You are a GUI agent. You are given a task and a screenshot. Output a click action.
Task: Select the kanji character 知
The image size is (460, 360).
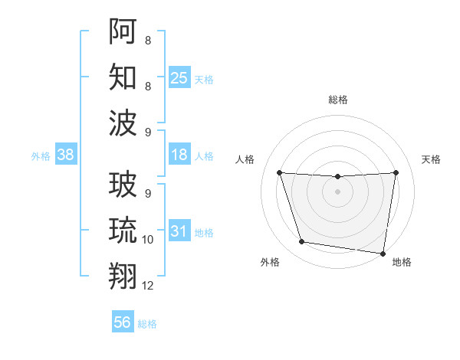click(x=123, y=77)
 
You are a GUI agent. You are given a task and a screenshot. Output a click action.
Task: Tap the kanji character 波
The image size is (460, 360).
click(x=123, y=123)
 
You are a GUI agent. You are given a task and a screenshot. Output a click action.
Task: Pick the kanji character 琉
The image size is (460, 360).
click(x=123, y=230)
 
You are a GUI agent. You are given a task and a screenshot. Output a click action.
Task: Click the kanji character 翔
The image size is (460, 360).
click(x=123, y=276)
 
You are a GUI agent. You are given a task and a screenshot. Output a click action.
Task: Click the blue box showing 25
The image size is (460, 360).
click(x=179, y=77)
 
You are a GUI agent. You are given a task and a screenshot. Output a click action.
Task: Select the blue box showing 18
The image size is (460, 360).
click(x=179, y=155)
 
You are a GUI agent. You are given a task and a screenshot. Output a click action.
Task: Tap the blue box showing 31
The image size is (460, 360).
click(x=179, y=231)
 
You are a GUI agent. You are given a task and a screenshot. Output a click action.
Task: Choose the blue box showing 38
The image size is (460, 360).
click(x=65, y=155)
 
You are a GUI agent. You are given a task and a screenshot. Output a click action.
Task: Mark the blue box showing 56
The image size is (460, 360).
click(x=123, y=322)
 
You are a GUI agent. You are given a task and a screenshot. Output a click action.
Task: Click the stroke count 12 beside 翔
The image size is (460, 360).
click(x=148, y=286)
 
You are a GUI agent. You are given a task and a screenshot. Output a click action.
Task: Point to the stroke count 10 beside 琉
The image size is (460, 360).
click(x=148, y=240)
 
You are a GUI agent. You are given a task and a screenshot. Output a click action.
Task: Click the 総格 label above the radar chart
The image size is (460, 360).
click(x=338, y=100)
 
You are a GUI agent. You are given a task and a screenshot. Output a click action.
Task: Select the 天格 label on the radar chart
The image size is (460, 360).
click(x=431, y=159)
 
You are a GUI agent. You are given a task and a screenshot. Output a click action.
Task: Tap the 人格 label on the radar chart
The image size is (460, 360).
click(x=245, y=159)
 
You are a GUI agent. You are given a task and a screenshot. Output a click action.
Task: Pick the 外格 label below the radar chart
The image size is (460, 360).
click(x=270, y=262)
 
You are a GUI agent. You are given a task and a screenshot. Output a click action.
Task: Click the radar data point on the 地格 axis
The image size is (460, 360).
click(x=383, y=253)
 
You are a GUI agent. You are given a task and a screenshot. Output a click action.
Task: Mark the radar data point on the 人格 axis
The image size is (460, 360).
click(x=279, y=173)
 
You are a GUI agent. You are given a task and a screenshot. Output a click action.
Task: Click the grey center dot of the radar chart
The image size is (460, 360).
click(x=337, y=191)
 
